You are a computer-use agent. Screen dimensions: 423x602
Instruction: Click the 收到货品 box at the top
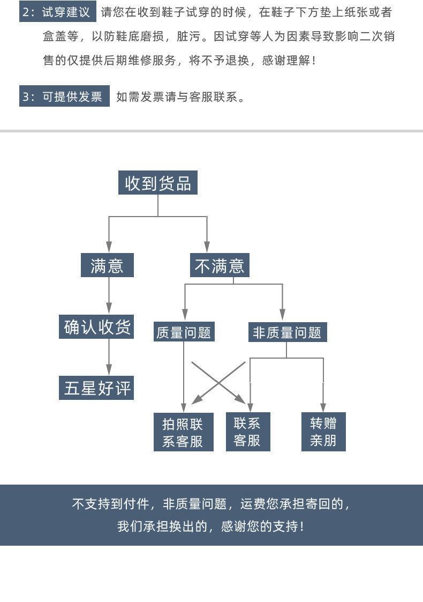158,183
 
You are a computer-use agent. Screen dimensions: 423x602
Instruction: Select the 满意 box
107,265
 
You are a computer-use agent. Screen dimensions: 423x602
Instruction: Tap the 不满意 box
220,265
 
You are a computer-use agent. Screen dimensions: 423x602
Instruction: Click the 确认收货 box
96,327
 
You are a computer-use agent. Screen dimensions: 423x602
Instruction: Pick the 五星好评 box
96,388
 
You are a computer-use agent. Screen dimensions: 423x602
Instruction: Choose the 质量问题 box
184,332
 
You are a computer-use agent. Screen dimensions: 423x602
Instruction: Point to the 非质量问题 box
287,332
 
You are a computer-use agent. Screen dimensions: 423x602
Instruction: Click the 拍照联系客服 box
183,432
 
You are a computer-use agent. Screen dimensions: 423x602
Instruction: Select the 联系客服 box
248,432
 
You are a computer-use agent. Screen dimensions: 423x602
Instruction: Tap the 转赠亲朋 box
323,432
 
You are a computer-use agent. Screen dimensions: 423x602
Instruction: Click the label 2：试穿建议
57,12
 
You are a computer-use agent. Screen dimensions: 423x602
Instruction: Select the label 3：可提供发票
64,96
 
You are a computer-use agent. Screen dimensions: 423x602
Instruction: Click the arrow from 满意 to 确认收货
109,295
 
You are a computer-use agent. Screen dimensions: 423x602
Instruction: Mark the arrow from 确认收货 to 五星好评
109,356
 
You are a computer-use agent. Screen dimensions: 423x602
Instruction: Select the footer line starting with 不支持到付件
211,504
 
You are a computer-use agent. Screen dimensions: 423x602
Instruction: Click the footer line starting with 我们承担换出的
211,526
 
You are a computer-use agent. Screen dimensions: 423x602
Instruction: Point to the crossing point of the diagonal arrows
218,382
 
